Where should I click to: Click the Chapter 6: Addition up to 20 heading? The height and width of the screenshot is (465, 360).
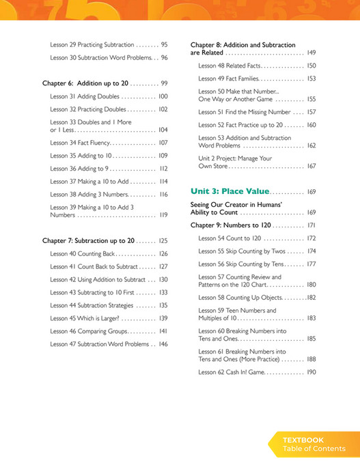[85, 83]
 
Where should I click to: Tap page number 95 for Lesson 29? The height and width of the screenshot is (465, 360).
[164, 44]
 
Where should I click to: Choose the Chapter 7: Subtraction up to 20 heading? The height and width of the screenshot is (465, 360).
[88, 240]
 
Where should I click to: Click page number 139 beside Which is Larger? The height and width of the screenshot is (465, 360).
[163, 318]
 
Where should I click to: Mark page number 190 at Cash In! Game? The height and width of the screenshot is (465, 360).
[311, 372]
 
